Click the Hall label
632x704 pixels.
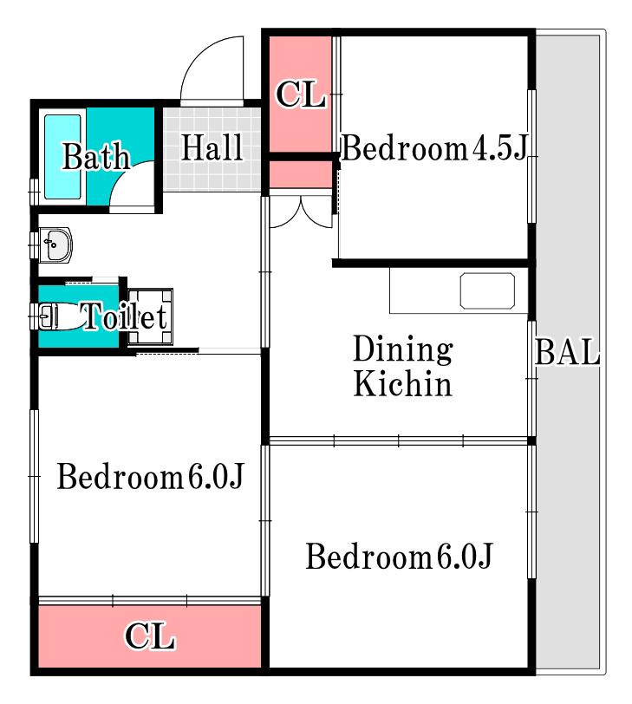pos(212,147)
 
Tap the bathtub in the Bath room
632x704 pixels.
pos(62,157)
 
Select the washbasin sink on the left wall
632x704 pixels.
pos(55,244)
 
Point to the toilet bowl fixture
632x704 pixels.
pos(61,316)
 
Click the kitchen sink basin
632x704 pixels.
pos(487,290)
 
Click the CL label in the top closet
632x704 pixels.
pos(300,95)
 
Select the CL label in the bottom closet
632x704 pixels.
pos(149,636)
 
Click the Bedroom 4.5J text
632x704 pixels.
pos(433,147)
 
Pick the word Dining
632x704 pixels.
pos(403,349)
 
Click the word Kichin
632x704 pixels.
pos(402,383)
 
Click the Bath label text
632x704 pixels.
pos(96,156)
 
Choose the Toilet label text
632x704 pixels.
pos(125,316)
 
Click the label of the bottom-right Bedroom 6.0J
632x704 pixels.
pos(399,556)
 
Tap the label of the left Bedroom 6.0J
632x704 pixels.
pos(150,476)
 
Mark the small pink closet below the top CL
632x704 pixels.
pos(300,174)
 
